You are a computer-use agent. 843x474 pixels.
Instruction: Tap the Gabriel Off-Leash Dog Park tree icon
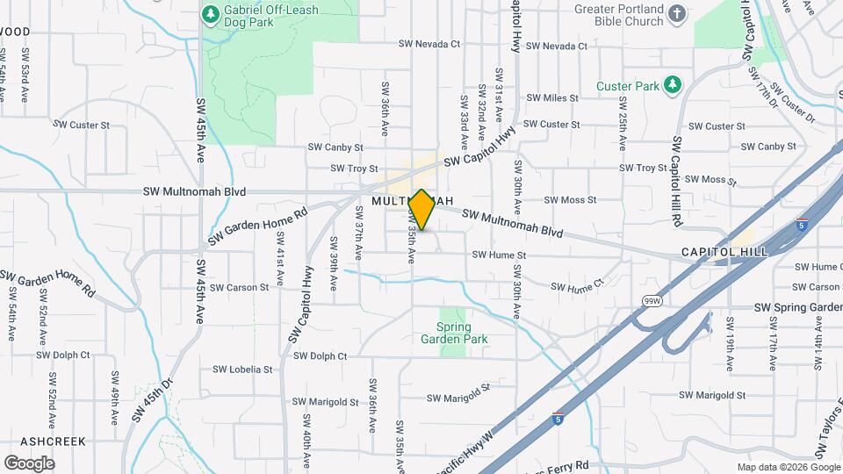tap(210, 14)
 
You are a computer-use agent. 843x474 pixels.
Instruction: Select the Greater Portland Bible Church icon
tap(675, 13)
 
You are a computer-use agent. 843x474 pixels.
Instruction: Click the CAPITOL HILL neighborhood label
tap(724, 252)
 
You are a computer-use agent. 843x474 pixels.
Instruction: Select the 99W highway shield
tap(651, 301)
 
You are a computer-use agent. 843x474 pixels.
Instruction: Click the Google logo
tap(29, 463)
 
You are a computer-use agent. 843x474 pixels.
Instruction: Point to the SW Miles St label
tap(552, 98)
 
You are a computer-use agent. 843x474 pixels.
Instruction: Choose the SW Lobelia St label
tap(242, 370)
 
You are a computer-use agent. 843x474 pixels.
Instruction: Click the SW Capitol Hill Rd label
tap(677, 183)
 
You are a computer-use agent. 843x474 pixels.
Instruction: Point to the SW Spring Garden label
tap(796, 307)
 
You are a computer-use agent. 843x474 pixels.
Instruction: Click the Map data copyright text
tap(788, 467)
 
